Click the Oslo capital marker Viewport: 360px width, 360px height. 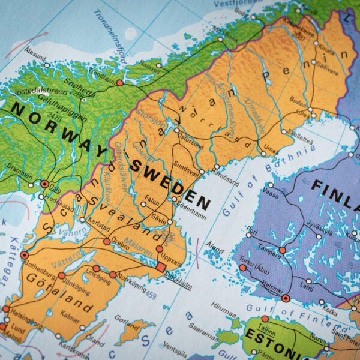point(44,184)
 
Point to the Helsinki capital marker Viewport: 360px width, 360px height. point(286,298)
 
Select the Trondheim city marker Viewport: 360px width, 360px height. point(120,83)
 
